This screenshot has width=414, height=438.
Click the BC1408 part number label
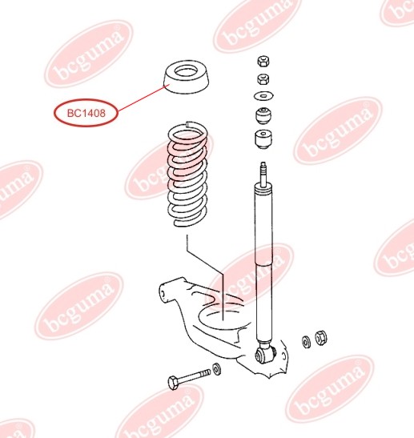tap(86, 113)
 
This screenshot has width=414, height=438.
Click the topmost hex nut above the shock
tap(262, 61)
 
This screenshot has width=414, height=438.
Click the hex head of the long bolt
tap(174, 382)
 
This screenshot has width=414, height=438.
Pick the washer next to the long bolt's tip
tap(217, 371)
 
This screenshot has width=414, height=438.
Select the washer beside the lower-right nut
tap(307, 342)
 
